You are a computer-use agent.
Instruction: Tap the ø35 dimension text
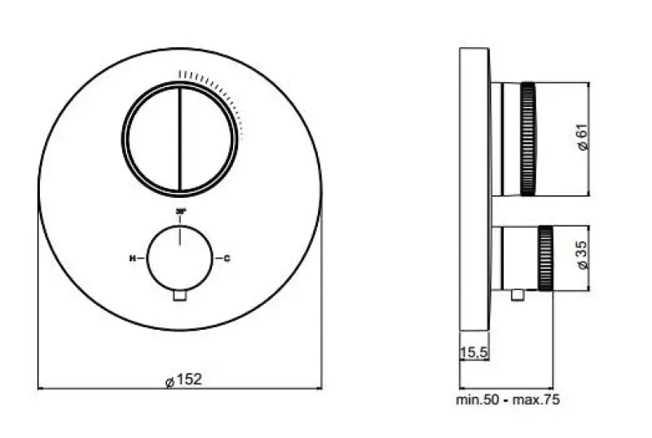(581, 257)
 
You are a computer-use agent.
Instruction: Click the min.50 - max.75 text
(507, 400)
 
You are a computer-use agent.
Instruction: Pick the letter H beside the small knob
(132, 259)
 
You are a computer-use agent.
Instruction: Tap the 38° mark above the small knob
(179, 212)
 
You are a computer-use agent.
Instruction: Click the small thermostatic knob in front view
(179, 259)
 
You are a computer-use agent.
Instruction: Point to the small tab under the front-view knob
(179, 296)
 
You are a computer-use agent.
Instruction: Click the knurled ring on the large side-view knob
(528, 138)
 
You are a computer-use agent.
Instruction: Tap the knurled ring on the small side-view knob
(545, 258)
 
